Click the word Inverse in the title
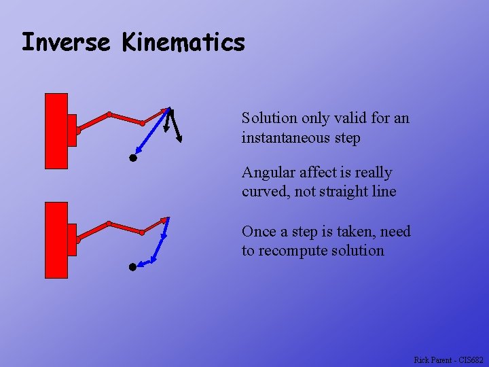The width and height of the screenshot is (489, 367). [x=65, y=42]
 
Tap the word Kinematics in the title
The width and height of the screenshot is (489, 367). [x=183, y=42]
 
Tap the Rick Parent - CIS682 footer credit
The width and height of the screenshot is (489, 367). [x=448, y=360]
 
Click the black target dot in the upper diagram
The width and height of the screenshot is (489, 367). [x=133, y=158]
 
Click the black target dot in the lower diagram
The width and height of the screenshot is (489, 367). [x=133, y=267]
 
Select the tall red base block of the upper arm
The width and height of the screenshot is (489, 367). [x=56, y=130]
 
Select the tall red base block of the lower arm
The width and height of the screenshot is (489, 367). [x=56, y=240]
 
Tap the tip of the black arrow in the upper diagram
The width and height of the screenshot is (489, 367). [x=181, y=141]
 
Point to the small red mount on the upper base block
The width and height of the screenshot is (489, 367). [x=72, y=130]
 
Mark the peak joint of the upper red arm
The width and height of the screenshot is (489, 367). [x=109, y=113]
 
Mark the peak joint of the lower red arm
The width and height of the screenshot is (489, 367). [x=109, y=223]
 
